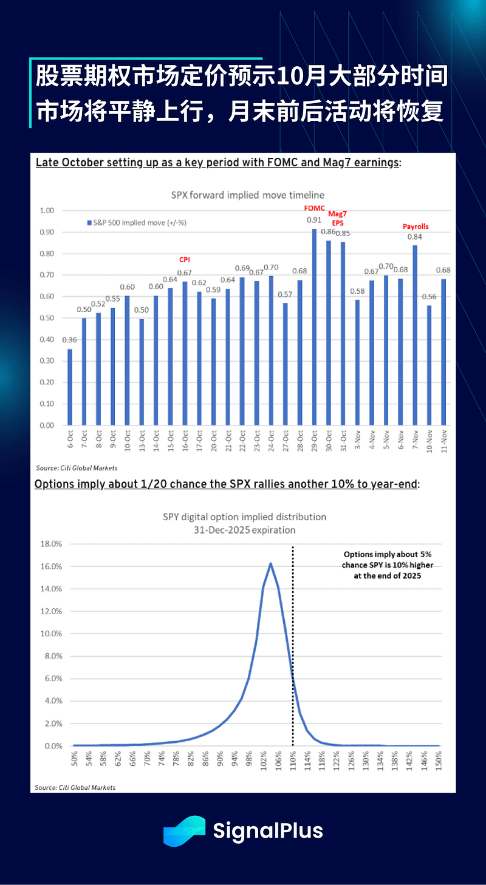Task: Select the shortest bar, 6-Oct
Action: [70, 387]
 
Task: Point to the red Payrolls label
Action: [416, 226]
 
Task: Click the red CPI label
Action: [184, 259]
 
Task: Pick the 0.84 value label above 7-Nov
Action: [415, 237]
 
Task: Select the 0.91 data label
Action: [315, 220]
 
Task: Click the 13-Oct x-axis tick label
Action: [142, 442]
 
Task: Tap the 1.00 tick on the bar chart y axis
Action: [47, 211]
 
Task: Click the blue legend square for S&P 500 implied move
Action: [89, 223]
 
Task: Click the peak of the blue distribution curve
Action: [270, 563]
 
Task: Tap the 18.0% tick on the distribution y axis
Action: [50, 544]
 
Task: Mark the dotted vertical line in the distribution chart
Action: [293, 637]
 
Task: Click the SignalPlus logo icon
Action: [185, 831]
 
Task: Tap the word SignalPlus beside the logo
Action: [268, 830]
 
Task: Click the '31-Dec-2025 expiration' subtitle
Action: [245, 530]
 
